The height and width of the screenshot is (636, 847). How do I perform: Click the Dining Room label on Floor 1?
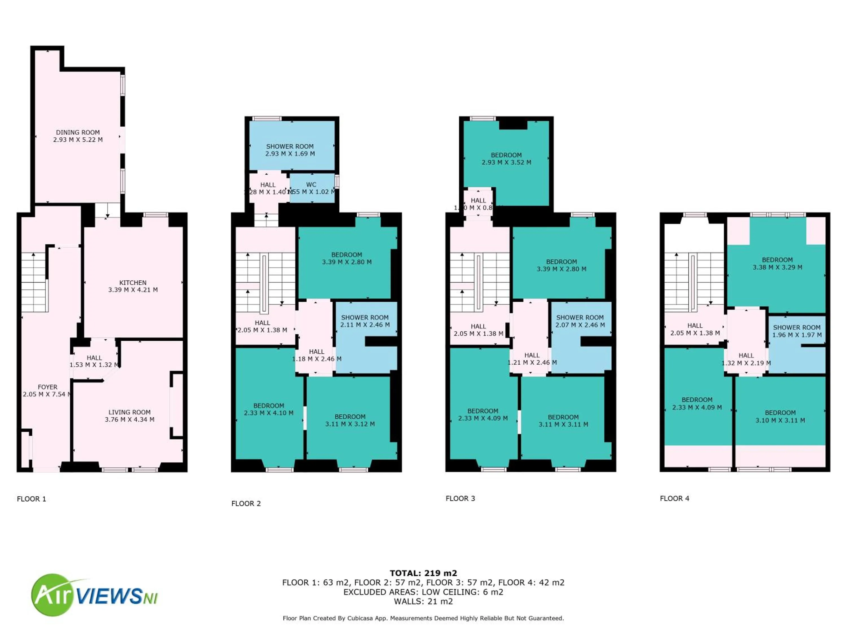(78, 133)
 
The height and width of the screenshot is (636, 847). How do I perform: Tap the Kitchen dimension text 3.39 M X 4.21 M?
(133, 290)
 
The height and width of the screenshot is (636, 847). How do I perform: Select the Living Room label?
(129, 412)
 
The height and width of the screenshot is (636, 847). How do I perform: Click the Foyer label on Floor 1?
(47, 387)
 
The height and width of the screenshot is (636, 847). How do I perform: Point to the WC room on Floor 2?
(311, 188)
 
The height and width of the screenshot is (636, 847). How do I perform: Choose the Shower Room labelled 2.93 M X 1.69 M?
(290, 150)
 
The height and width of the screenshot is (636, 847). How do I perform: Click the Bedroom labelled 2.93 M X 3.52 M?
(506, 159)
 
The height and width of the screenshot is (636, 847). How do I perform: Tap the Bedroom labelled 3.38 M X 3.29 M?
(777, 263)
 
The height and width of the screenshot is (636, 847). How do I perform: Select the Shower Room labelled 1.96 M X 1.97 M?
(796, 331)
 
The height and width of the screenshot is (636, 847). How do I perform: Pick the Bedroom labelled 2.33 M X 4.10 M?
(268, 409)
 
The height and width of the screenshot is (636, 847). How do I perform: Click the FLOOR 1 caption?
(31, 499)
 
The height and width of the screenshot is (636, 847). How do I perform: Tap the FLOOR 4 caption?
(674, 498)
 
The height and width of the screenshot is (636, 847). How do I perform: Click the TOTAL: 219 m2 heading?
(423, 573)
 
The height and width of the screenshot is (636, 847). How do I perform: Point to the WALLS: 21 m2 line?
(423, 601)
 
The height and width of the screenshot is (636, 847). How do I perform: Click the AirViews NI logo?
(94, 595)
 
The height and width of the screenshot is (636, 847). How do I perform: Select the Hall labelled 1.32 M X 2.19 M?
(746, 359)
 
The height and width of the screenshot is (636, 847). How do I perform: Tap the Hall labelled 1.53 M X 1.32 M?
(94, 361)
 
